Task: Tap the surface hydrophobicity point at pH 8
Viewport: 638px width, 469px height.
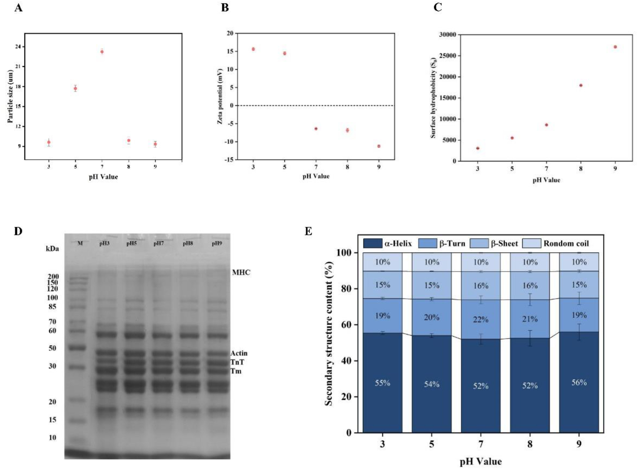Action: (x=581, y=85)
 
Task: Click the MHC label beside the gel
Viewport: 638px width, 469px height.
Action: (x=241, y=272)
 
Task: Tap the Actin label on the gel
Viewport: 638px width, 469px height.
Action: (x=239, y=353)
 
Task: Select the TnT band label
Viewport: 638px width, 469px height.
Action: (x=237, y=362)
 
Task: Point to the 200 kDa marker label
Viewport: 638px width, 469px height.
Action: (x=53, y=276)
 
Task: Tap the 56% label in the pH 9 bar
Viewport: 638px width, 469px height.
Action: (x=579, y=382)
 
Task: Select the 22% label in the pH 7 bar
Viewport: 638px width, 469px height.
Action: (x=481, y=320)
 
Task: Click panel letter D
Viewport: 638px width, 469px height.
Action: (x=18, y=231)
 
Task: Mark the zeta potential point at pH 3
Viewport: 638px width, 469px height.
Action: (x=253, y=49)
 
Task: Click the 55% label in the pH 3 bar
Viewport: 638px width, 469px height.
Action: (x=382, y=383)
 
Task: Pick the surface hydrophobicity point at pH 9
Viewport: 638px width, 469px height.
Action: (x=615, y=47)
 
